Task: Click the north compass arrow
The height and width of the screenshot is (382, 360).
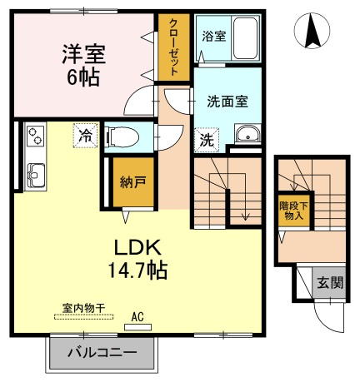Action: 312,31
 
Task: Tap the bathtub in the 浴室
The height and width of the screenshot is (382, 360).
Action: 245,38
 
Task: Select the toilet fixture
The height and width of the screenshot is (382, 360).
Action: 122,136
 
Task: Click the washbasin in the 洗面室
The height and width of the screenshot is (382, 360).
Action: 247,134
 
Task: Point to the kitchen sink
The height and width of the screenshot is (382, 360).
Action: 36,176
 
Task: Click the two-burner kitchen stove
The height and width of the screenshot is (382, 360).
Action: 35,136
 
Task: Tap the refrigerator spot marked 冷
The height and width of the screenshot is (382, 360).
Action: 85,136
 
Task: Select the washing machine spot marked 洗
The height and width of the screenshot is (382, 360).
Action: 207,140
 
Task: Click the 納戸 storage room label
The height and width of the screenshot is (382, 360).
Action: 133,182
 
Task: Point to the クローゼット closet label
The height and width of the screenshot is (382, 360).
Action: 174,47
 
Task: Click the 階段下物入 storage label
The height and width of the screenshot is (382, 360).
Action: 294,211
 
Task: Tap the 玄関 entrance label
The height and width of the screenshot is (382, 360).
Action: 330,283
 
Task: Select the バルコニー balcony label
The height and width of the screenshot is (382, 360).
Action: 102,353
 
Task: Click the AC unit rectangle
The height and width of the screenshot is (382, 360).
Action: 137,327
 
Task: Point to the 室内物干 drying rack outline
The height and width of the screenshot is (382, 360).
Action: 83,316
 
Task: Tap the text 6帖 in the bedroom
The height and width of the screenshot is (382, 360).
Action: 83,77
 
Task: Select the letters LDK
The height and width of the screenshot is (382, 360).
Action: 138,247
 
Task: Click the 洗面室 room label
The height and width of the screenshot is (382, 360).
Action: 227,102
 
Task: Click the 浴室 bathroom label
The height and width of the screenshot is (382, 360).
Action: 214,36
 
